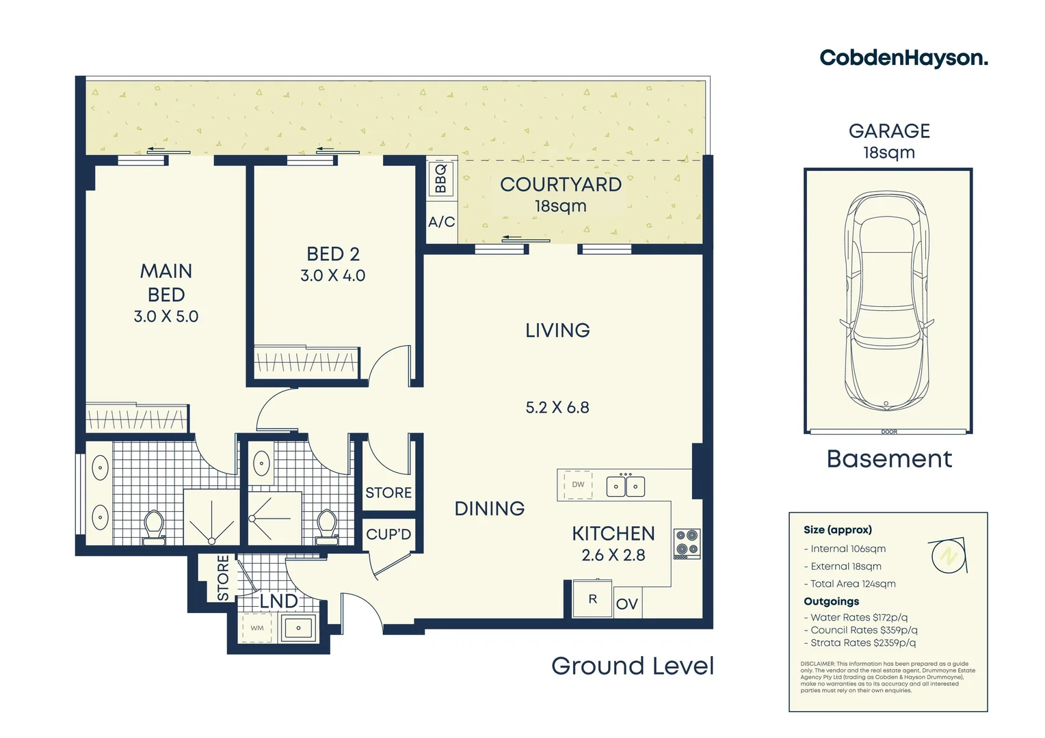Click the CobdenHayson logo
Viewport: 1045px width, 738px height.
(x=903, y=58)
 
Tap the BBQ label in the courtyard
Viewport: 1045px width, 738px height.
(x=440, y=178)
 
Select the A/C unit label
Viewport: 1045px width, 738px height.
(x=441, y=222)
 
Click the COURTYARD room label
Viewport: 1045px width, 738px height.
(x=560, y=184)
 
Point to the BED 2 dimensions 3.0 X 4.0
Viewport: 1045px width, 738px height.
(x=332, y=275)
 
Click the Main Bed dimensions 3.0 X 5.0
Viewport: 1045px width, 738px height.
(x=166, y=316)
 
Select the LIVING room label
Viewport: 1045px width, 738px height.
(x=557, y=331)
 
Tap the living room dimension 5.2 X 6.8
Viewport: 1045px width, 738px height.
(x=557, y=408)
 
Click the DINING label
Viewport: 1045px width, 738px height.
(x=489, y=508)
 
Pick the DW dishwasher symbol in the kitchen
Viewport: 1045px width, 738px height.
(x=578, y=485)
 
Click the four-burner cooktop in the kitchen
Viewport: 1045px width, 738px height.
(x=686, y=543)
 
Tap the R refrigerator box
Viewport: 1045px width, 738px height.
(x=592, y=599)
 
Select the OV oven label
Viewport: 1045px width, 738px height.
(x=626, y=604)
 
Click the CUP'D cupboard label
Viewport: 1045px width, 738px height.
(x=388, y=534)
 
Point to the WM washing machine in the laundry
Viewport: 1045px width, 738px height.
(x=257, y=628)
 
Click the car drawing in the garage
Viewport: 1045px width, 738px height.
(x=887, y=301)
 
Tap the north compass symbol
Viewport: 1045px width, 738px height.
(x=949, y=556)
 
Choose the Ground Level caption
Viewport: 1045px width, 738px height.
(x=633, y=666)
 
